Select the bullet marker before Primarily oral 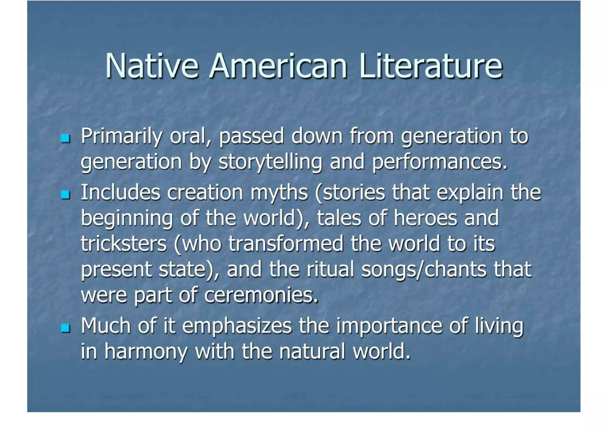[x=65, y=138]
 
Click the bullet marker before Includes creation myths [x=65, y=194]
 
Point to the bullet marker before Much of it [x=65, y=328]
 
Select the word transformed [x=286, y=244]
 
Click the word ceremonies [x=261, y=295]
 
